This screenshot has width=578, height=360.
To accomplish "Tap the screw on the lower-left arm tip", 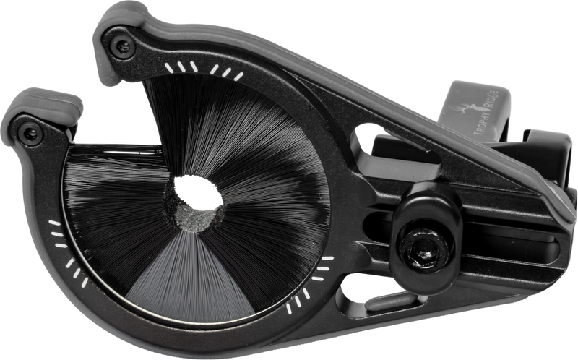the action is [x=30, y=134].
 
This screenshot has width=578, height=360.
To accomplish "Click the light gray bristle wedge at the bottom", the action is [x=191, y=280].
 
